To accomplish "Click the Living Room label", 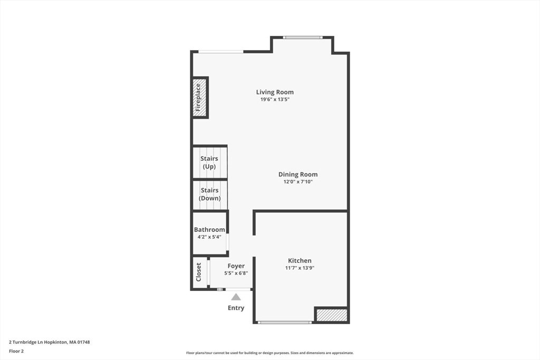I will point(275,92).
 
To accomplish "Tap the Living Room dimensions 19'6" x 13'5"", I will point(275,100).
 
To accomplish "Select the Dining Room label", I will point(298,174).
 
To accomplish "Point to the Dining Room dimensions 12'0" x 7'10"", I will point(298,182).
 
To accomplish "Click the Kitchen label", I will point(300,260).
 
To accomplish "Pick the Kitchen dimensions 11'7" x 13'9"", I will point(300,268).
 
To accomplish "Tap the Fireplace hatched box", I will point(199,98).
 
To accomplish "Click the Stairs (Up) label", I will point(209,162).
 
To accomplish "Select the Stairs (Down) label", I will point(209,194).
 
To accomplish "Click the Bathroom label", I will point(209,230).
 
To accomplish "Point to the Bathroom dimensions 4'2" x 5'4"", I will point(209,237).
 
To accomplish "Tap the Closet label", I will point(199,272).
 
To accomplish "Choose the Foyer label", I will point(236,266).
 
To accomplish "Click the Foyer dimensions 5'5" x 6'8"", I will point(236,273).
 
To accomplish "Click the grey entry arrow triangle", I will point(236,297).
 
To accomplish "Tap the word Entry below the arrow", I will point(236,308).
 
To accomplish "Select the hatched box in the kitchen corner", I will point(331,315).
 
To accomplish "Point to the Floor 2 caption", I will point(16,351).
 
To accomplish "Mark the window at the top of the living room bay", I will point(302,37).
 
